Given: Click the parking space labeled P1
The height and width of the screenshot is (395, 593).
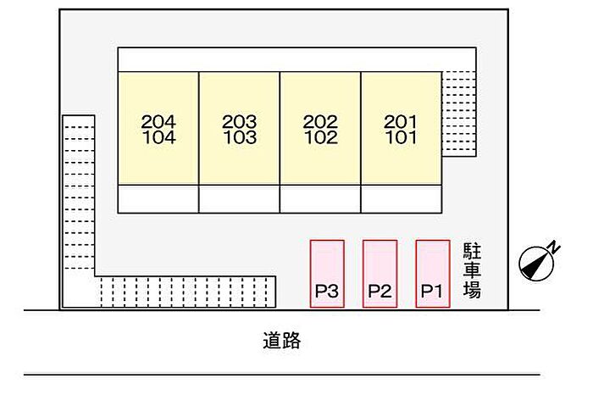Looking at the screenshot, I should click(433, 273).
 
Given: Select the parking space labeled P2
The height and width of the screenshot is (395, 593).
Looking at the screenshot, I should click(380, 273).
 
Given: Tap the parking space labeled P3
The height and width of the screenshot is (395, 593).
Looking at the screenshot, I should click(327, 273).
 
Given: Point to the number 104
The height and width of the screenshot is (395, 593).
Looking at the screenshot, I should click(158, 137).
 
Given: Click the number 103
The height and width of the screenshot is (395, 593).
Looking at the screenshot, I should click(239, 137).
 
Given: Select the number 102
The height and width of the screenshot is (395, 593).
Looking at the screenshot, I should click(320, 137).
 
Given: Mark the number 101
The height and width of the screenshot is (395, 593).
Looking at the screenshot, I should click(401, 137).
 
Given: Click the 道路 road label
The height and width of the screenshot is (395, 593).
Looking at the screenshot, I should click(281, 342).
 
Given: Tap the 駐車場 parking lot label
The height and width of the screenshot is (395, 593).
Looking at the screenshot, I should click(472, 270).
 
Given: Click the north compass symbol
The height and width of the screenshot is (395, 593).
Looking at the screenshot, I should click(535, 264).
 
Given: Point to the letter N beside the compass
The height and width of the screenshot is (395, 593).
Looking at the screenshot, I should click(553, 247).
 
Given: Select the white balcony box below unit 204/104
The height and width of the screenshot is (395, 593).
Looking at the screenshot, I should click(158, 198).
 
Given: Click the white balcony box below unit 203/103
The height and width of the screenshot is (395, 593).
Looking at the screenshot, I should click(239, 198).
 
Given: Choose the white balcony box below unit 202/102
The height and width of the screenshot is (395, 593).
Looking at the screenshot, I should click(320, 198).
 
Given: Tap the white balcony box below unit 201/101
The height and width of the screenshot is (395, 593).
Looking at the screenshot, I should click(401, 198).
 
